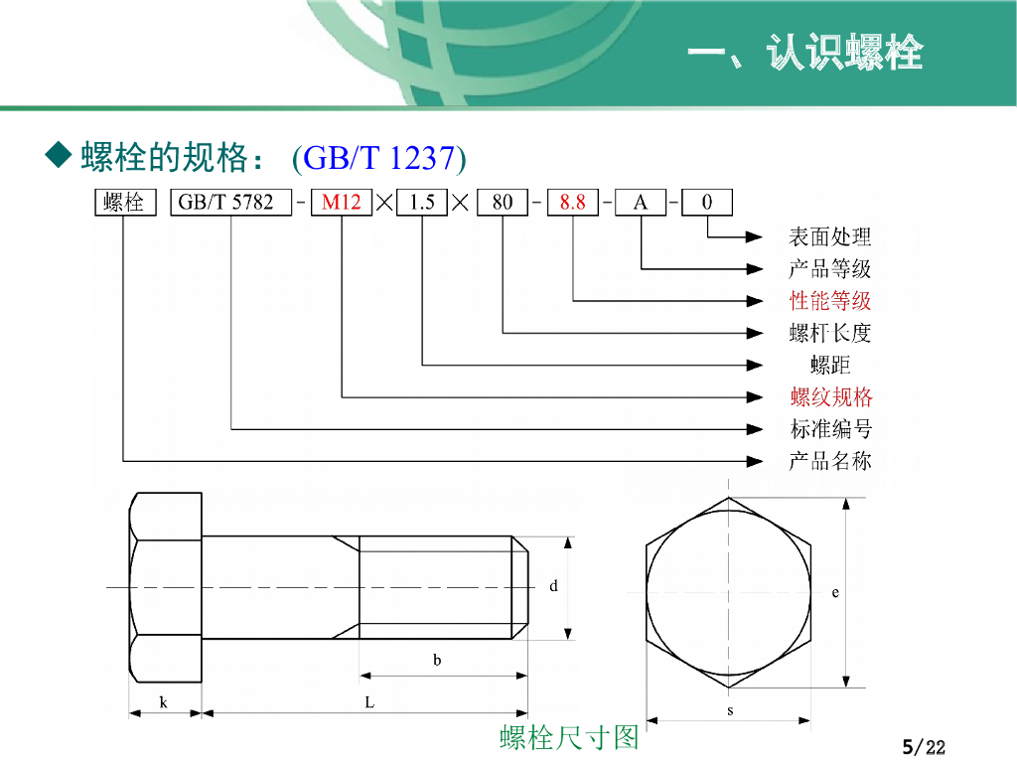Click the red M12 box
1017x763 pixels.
[x=342, y=203]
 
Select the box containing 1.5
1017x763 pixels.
[x=422, y=203]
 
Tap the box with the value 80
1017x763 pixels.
[x=503, y=203]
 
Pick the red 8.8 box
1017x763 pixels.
[x=573, y=203]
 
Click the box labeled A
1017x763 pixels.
[x=641, y=203]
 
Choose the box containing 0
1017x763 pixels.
[x=707, y=203]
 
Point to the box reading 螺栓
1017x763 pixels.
[x=124, y=203]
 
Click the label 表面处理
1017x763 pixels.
[x=830, y=236]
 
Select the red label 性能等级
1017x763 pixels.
[x=830, y=300]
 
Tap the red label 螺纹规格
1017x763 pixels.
[x=831, y=397]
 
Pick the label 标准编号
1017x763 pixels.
[x=830, y=429]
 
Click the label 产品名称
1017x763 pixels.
[x=830, y=461]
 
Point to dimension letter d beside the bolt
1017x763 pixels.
[x=553, y=586]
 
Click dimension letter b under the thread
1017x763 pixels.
[x=437, y=660]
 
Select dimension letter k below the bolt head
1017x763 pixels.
[x=164, y=702]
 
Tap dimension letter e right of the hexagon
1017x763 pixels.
[x=835, y=592]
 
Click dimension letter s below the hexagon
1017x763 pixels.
[x=730, y=710]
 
